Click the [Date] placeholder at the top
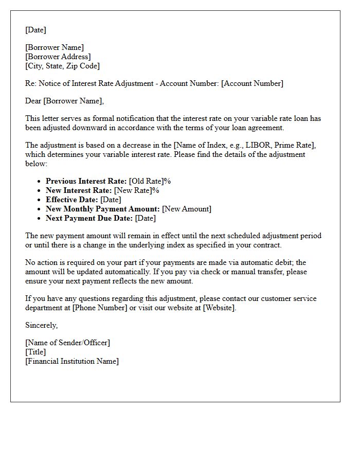35,30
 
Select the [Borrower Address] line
58,57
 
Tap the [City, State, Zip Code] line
62,66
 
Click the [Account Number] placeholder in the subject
252,83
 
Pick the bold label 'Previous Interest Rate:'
86,181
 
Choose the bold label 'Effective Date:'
72,200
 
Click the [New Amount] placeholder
187,209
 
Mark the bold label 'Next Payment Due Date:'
89,218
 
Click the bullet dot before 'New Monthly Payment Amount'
40,209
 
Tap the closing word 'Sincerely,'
42,325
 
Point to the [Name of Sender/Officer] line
67,343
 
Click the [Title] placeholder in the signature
35,352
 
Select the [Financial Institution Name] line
72,361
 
